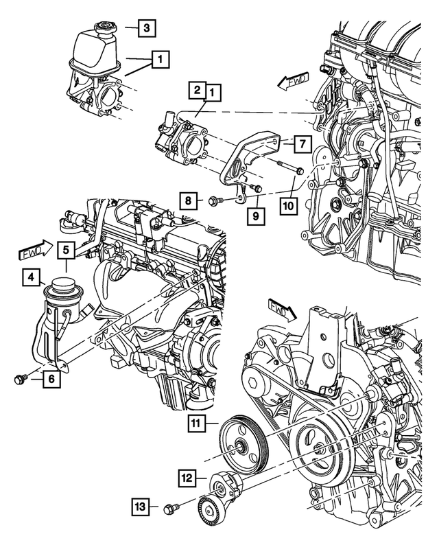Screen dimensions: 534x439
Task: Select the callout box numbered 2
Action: pos(197,90)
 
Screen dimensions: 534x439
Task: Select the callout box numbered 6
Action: pos(50,376)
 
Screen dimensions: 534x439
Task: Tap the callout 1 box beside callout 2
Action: pos(213,90)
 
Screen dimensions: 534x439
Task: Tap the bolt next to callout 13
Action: pos(171,509)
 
